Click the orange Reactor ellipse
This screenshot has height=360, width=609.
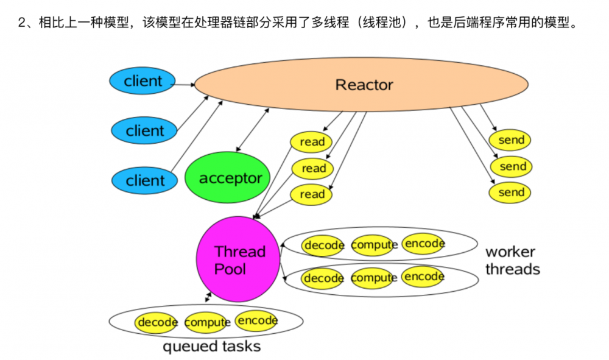click(x=364, y=85)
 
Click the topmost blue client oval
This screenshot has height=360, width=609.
click(x=143, y=81)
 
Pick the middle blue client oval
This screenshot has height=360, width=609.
click(x=145, y=130)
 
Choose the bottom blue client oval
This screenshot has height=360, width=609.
click(x=145, y=180)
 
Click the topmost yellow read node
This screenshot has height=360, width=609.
click(x=312, y=142)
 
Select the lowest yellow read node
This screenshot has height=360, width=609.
click(x=312, y=194)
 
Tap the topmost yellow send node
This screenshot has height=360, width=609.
click(x=511, y=139)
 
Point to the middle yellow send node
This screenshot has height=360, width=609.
click(x=512, y=166)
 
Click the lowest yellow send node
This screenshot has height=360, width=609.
click(x=511, y=192)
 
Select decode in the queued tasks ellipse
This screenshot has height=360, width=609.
click(x=157, y=322)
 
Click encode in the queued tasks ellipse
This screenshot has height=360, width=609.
click(x=256, y=320)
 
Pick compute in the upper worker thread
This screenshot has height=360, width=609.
click(x=374, y=245)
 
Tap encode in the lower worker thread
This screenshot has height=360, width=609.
click(x=424, y=277)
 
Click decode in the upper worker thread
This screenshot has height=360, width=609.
click(x=324, y=245)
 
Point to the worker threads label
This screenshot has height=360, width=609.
click(x=512, y=260)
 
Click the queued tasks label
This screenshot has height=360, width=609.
click(x=211, y=347)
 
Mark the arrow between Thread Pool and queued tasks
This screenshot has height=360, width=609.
click(x=208, y=297)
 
